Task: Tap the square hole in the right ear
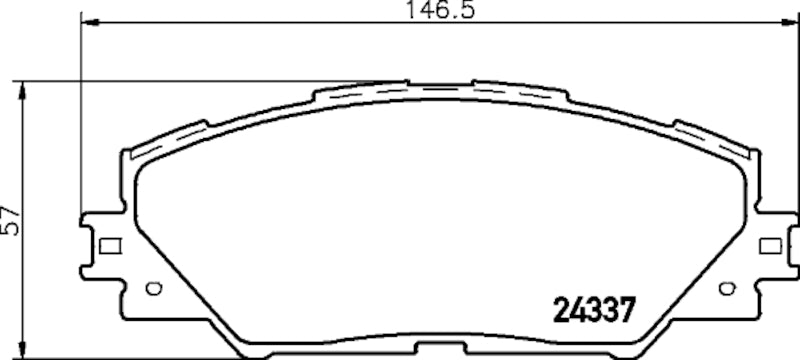click(x=769, y=246)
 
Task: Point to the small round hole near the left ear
click(x=153, y=290)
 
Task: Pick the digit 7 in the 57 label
click(x=11, y=212)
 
